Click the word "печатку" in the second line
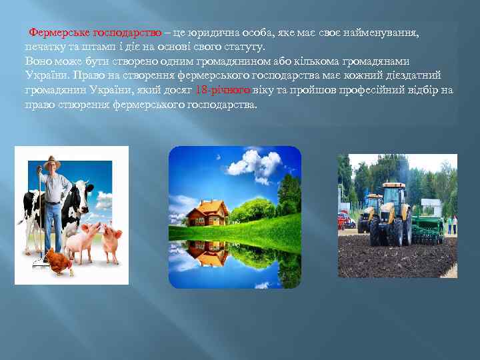44,47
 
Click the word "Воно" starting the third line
38,61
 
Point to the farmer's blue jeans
53,223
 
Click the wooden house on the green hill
207,213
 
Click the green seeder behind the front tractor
427,230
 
